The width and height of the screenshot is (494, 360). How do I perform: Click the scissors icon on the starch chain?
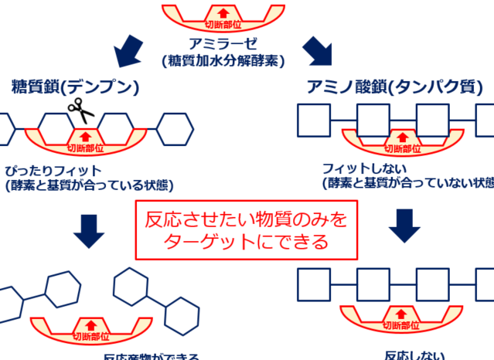coord(80,113)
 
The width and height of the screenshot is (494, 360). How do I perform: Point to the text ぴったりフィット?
coord(53,170)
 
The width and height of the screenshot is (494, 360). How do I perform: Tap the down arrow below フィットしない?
coord(403,225)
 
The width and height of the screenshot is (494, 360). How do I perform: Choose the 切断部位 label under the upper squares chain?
coord(402,149)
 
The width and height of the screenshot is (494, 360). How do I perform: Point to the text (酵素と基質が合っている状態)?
coord(90,185)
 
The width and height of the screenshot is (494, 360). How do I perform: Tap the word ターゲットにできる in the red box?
coord(246,241)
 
